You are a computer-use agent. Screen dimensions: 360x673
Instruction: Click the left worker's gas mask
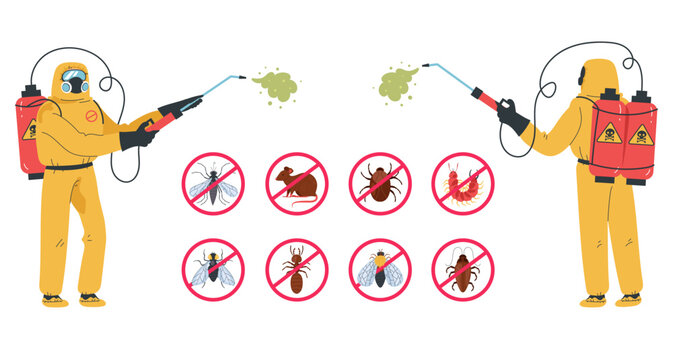74,83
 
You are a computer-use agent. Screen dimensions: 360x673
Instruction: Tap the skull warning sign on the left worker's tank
31,130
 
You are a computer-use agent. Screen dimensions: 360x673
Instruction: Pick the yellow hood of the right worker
598,76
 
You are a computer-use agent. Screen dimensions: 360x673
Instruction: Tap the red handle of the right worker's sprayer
484,97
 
